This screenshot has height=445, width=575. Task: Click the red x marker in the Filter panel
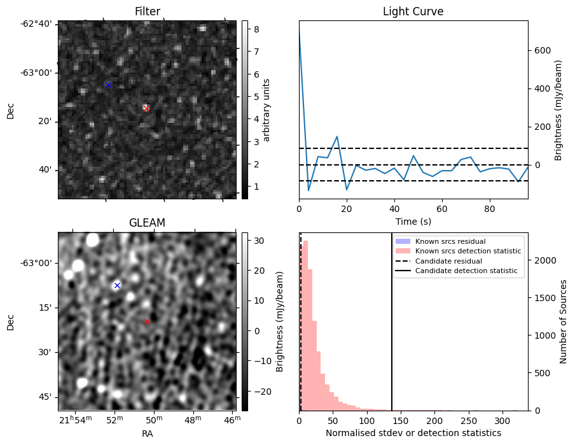[x=146, y=108]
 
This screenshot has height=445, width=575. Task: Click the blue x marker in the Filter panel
[x=108, y=85]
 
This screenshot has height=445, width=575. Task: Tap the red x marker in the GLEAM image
[x=147, y=321]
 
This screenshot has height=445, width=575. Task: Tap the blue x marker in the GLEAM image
[x=117, y=285]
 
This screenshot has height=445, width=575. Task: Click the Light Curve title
[x=413, y=11]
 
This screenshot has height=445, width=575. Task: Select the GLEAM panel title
[x=147, y=223]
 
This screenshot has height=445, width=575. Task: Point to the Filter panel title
[x=147, y=11]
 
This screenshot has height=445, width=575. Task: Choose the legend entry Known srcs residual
[x=450, y=241]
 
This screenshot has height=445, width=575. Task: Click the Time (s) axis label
[x=413, y=220]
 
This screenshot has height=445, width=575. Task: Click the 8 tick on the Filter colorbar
[x=254, y=28]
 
